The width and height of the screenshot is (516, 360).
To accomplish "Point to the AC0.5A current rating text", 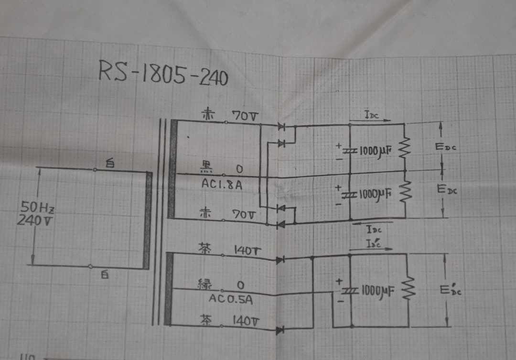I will click(x=231, y=300).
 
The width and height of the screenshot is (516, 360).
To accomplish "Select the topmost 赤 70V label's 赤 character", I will click(x=207, y=115).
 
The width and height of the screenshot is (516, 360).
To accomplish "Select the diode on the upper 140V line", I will click(x=280, y=260).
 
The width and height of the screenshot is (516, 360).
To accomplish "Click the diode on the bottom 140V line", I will click(x=280, y=329).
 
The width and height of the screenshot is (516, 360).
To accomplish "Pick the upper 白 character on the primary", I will click(x=110, y=164).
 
